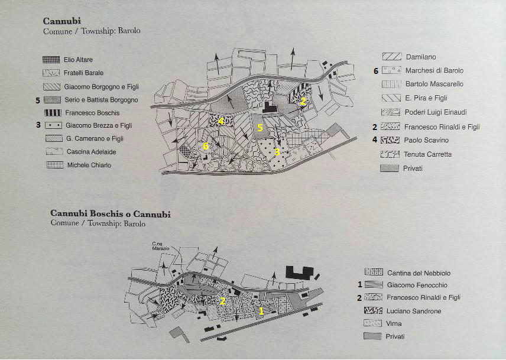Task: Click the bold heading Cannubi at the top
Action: pos(62,21)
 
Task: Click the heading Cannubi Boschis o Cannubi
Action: pos(111,214)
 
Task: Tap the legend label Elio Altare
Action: pos(78,60)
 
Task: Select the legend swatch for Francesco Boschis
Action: pos(53,112)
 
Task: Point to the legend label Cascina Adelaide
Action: pos(90,152)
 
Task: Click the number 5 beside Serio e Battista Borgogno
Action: pos(38,100)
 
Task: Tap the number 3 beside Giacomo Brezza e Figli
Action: pos(38,125)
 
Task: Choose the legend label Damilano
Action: pos(421,57)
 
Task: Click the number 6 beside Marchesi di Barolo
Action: pos(375,71)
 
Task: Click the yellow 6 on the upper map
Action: pos(206,146)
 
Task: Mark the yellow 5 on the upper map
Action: pos(260,127)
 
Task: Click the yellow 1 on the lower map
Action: pos(261,310)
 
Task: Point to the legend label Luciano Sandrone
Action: pos(414,311)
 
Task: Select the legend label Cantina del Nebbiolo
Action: pos(419,273)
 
